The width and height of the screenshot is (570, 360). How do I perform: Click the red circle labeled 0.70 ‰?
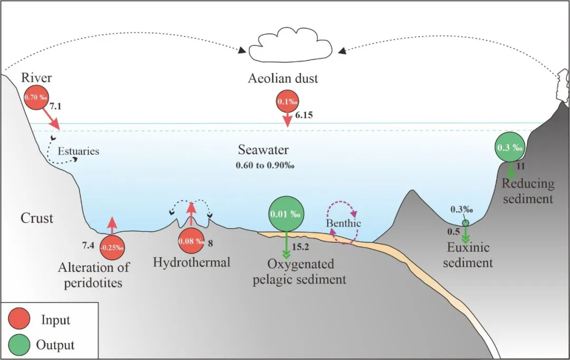[36, 98]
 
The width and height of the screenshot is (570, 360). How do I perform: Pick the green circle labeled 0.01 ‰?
[286, 215]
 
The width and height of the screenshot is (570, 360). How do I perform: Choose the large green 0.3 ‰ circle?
[510, 147]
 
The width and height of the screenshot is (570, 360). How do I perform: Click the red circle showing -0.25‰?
[112, 246]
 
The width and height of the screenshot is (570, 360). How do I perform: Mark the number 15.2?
[300, 247]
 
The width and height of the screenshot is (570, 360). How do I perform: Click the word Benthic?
[343, 223]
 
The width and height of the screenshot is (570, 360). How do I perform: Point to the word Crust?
[37, 217]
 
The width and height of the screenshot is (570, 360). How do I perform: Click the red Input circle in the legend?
[20, 320]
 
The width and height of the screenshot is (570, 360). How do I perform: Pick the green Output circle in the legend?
[20, 345]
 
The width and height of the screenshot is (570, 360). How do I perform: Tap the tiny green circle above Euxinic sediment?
[465, 223]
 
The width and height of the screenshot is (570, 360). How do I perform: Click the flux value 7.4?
[88, 246]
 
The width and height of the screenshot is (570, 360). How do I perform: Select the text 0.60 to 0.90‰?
[264, 165]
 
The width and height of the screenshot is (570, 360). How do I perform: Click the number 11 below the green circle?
[521, 166]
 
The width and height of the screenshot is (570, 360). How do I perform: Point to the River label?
[36, 78]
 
